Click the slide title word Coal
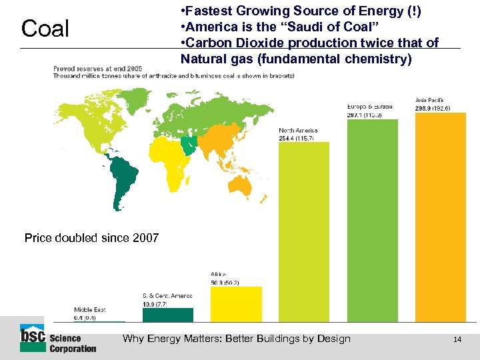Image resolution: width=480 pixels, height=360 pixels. click(x=45, y=29)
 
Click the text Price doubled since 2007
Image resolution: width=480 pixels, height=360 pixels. click(x=91, y=238)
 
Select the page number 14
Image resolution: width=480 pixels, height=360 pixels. click(x=457, y=339)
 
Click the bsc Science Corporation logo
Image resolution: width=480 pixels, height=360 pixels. click(x=58, y=340)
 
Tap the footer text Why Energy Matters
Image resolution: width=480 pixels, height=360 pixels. click(x=236, y=339)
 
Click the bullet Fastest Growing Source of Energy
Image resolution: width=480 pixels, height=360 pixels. click(x=303, y=11)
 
